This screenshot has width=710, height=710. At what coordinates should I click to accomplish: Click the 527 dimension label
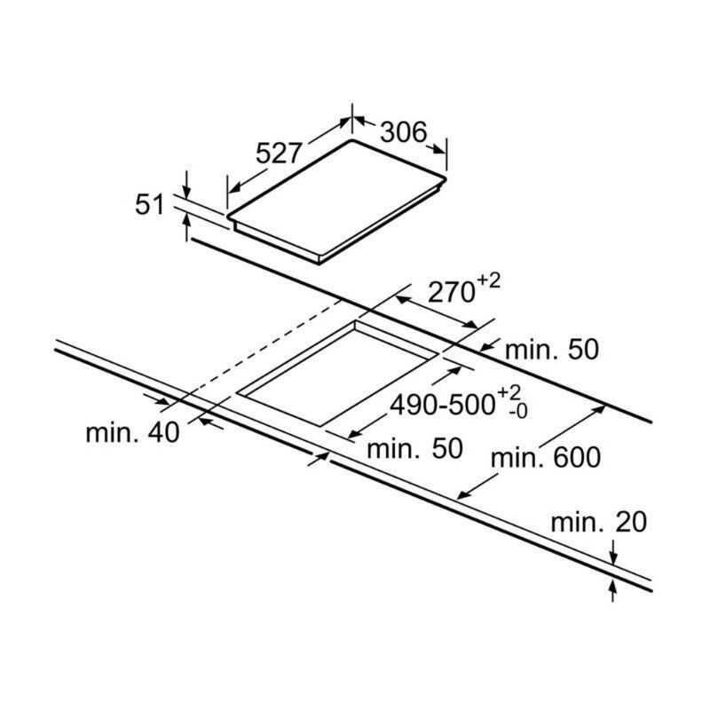[x=279, y=153]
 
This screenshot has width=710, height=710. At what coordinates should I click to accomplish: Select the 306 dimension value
[x=404, y=132]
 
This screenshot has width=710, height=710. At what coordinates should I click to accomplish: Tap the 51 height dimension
[x=149, y=205]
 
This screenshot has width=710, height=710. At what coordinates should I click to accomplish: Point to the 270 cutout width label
[x=451, y=292]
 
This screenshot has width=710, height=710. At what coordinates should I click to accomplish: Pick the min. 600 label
[x=546, y=457]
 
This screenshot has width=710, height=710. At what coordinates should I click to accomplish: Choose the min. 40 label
[x=132, y=432]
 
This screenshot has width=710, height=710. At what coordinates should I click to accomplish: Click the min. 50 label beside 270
[x=551, y=350]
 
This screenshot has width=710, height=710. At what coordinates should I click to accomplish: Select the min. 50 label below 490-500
[x=414, y=448]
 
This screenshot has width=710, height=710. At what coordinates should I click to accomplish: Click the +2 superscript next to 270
[x=489, y=281]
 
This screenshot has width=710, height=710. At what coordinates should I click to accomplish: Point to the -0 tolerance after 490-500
[x=518, y=412]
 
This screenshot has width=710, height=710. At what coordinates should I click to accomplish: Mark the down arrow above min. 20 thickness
[x=613, y=552]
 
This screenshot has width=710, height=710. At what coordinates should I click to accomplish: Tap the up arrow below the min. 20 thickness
[x=613, y=590]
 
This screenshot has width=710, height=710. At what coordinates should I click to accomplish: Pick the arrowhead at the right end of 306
[x=438, y=150]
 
